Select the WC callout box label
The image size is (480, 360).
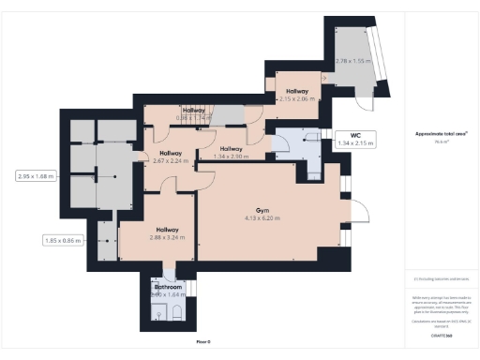(x=355, y=136)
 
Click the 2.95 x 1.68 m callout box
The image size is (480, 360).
(x=37, y=175)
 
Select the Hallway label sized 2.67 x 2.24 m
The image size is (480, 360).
(x=171, y=153)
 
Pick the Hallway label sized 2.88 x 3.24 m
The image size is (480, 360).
(x=168, y=229)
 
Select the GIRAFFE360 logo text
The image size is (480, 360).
(x=442, y=335)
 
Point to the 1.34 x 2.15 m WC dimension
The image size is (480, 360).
(x=355, y=143)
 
